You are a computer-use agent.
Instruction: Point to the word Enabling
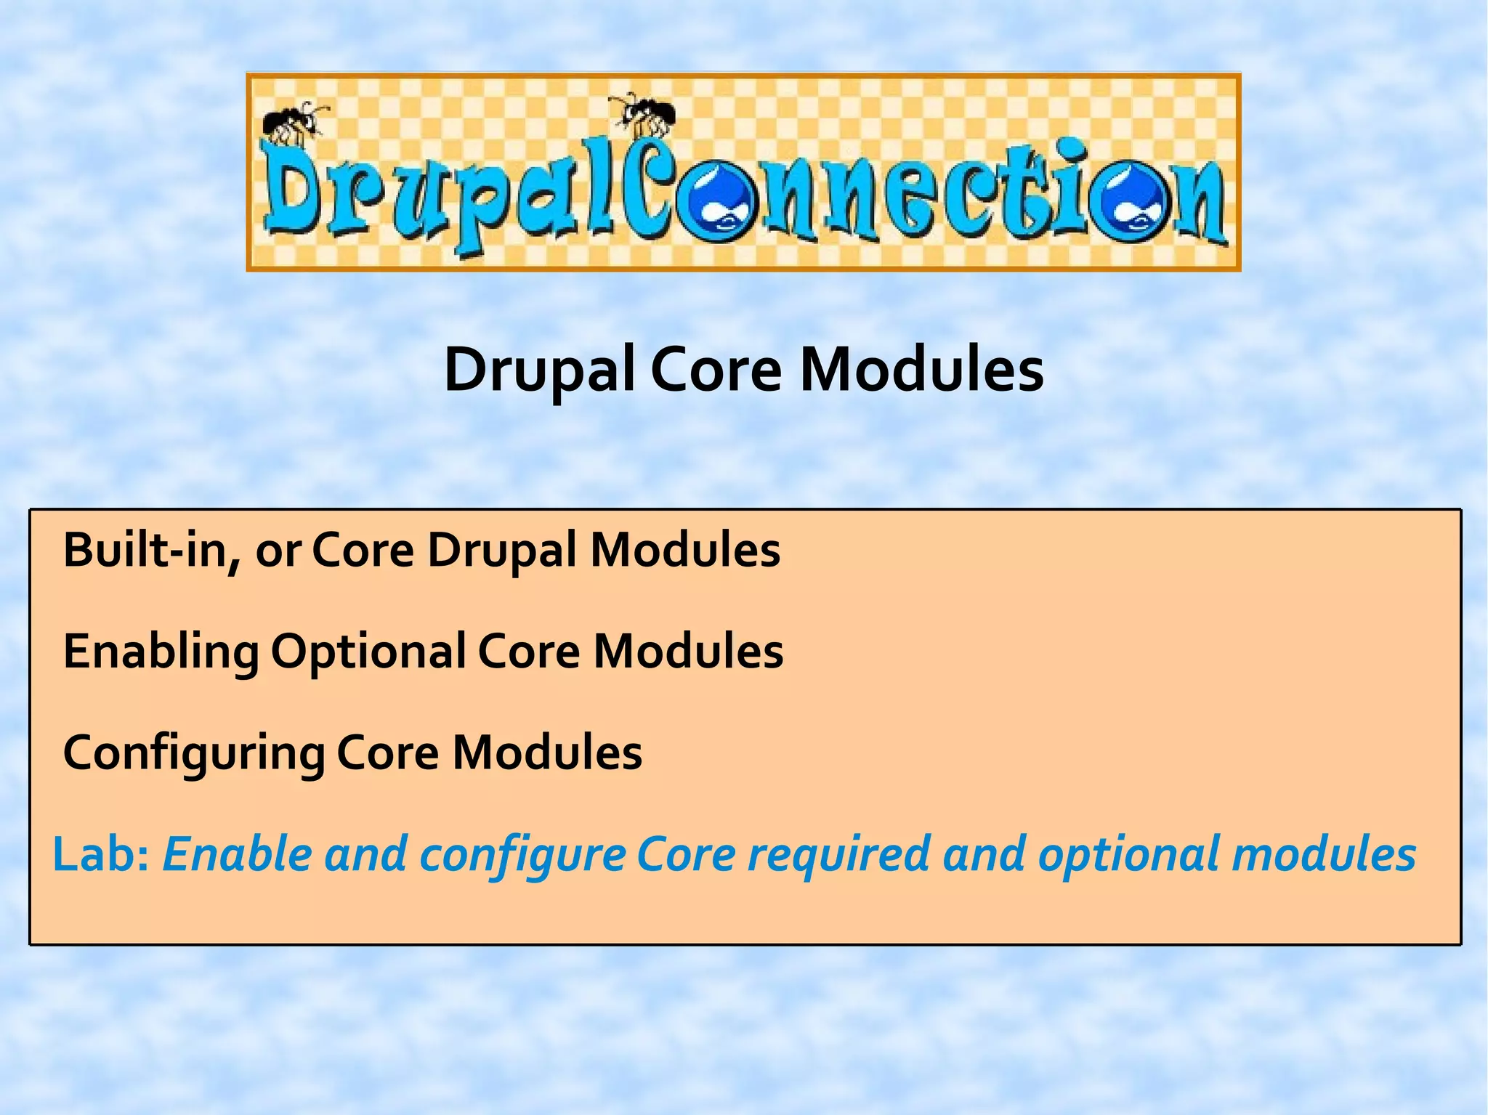coord(161,652)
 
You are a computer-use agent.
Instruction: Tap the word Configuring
coord(193,753)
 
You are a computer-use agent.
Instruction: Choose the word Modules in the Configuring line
coord(547,753)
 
